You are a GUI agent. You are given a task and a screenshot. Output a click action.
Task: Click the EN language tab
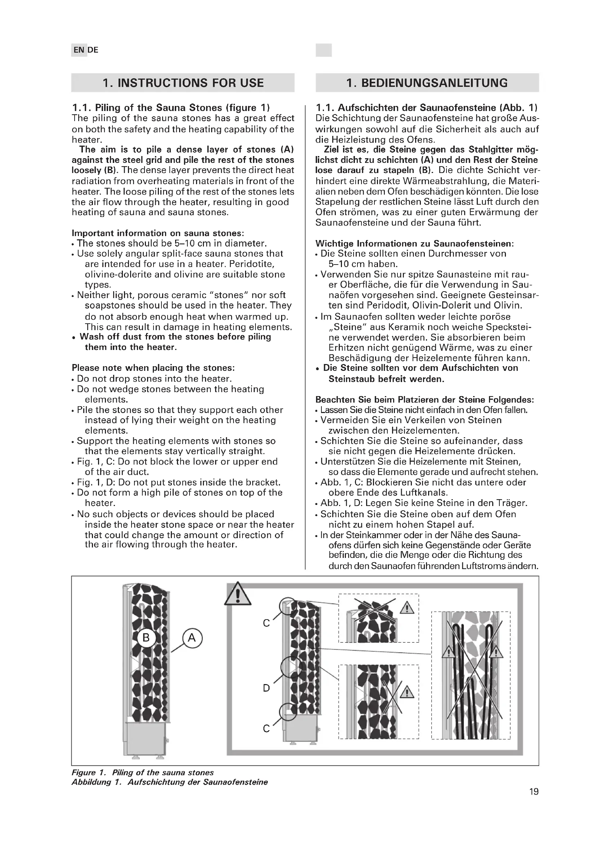[x=79, y=50]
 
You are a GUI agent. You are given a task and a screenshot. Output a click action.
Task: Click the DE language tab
[x=93, y=50]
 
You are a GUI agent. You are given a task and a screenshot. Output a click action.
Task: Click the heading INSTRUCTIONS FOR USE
[x=183, y=83]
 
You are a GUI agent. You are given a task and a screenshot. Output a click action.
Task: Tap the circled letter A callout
[x=192, y=638]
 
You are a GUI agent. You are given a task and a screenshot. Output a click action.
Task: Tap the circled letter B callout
[x=146, y=638]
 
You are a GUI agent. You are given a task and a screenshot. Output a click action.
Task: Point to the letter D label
[x=266, y=688]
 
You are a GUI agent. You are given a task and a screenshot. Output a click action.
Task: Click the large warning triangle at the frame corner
[x=238, y=594]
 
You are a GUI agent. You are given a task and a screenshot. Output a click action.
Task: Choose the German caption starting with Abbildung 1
[x=170, y=782]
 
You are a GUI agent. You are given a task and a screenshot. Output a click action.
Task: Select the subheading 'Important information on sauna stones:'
[x=158, y=233]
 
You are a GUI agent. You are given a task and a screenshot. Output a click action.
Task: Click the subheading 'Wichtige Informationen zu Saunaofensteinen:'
[x=415, y=243]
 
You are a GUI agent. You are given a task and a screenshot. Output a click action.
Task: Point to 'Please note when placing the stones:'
[x=153, y=368]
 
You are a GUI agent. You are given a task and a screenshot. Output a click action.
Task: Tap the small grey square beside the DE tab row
[x=323, y=50]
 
